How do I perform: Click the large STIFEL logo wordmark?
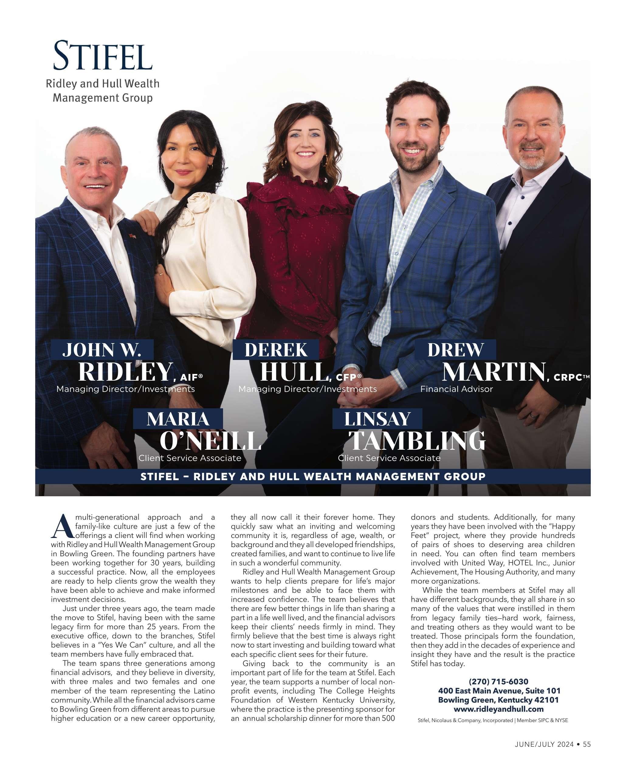(x=103, y=56)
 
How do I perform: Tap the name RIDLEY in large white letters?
(x=125, y=372)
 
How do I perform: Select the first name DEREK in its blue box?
(x=276, y=350)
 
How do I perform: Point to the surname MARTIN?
(x=494, y=372)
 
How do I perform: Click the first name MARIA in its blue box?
(x=178, y=419)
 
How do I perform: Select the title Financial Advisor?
(x=456, y=389)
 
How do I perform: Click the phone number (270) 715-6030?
(x=498, y=681)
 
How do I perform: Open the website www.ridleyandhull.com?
(x=498, y=709)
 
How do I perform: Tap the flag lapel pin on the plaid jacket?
(x=132, y=236)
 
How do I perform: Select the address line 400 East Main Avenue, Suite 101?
(x=499, y=690)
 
